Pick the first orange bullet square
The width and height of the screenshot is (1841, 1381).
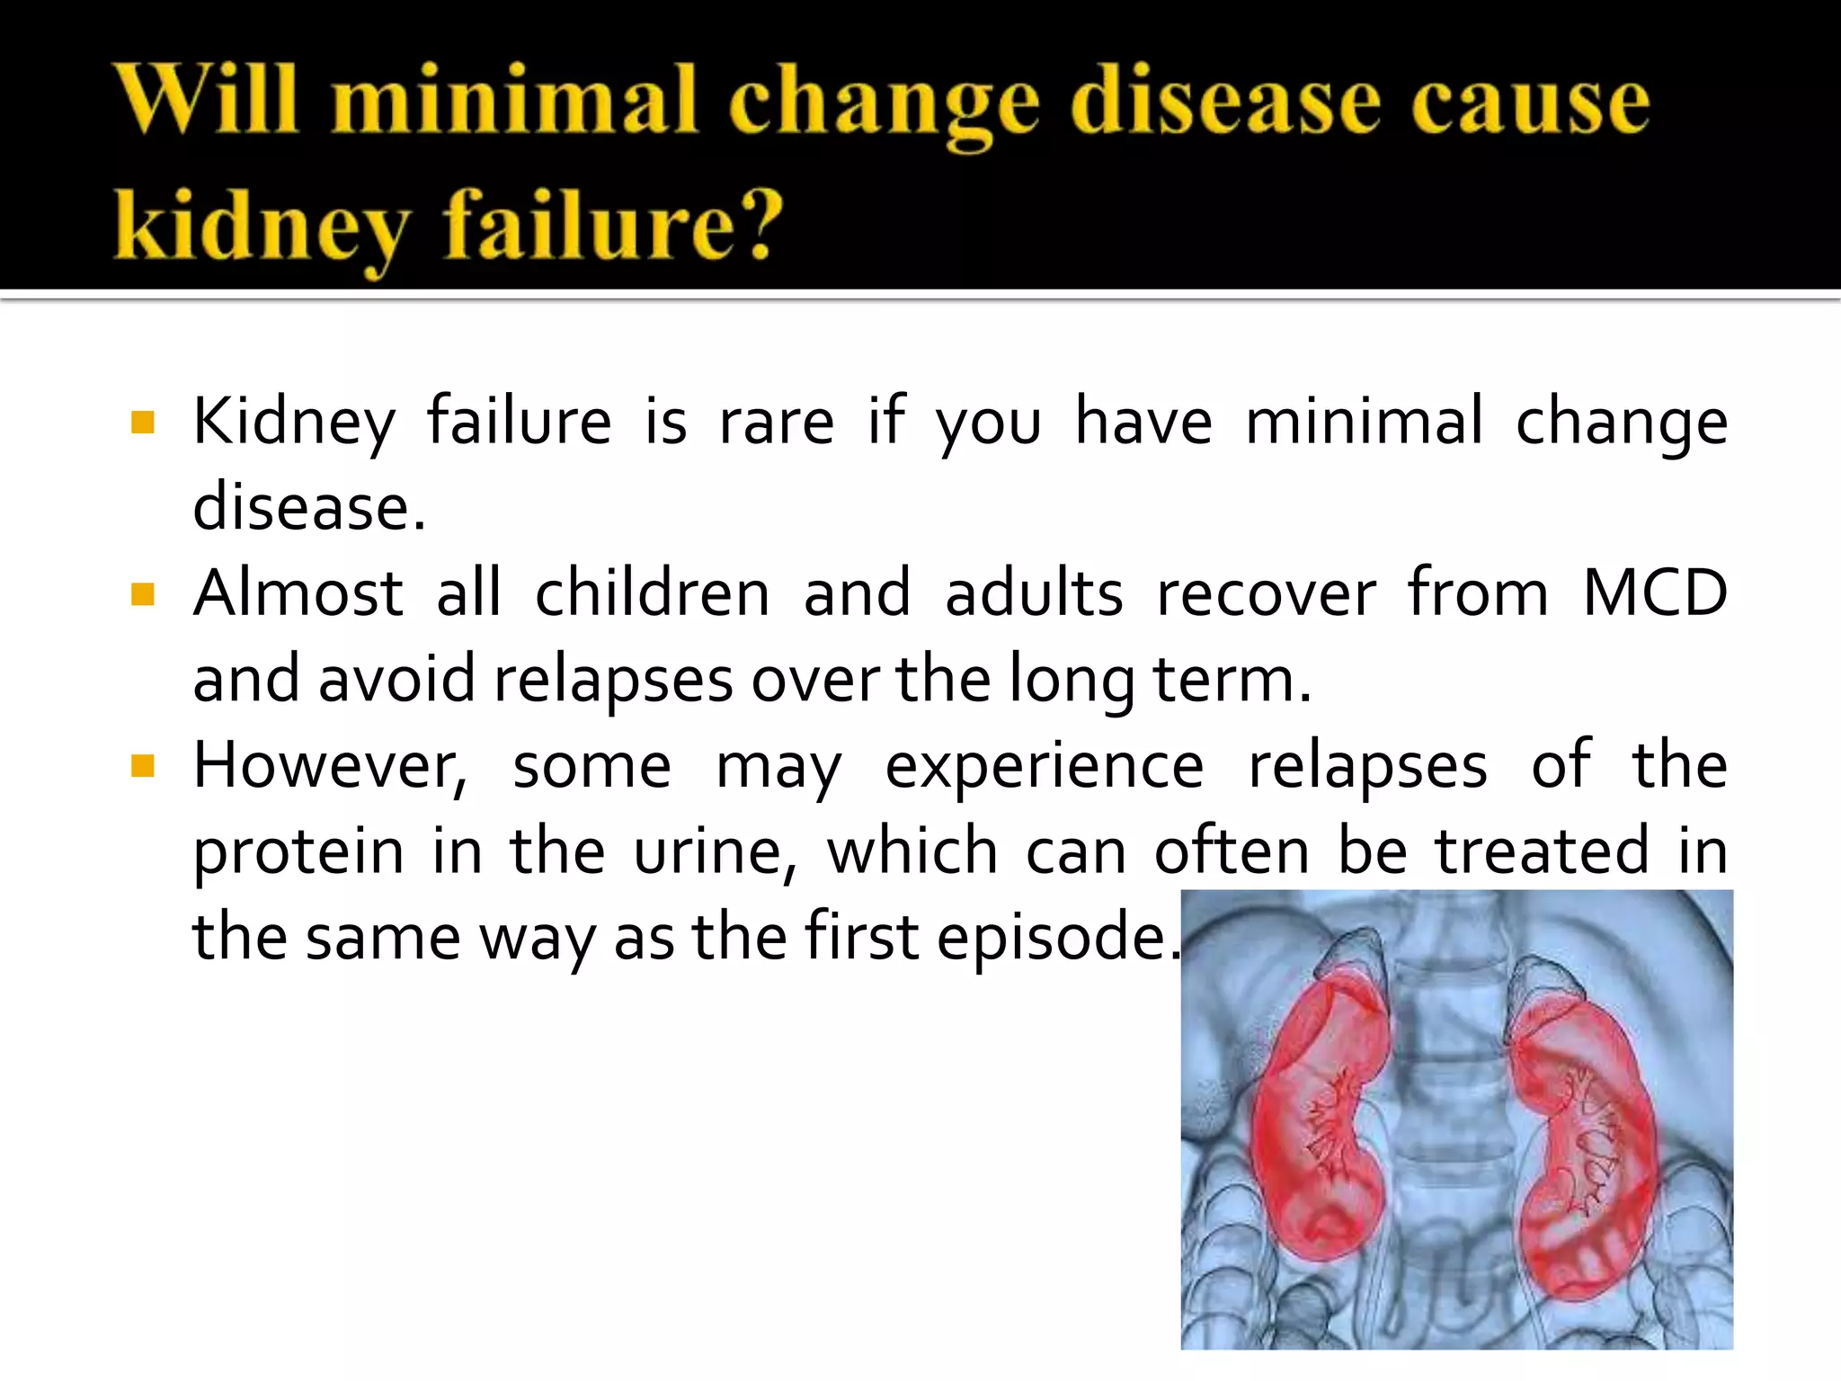coord(143,422)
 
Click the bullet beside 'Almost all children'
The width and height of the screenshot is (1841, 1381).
coord(143,594)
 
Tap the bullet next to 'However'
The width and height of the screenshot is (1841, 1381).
coord(143,766)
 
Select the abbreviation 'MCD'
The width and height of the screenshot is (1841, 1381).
coord(1654,593)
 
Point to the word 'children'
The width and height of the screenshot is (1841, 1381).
coord(653,593)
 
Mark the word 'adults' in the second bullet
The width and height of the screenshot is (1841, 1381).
coord(1034,593)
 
